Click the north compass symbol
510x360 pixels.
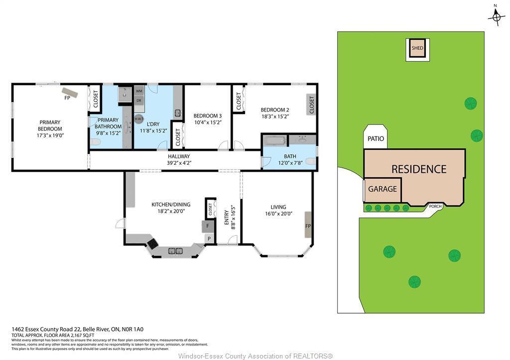pyautogui.click(x=496, y=18)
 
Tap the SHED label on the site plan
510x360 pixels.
pyautogui.click(x=417, y=48)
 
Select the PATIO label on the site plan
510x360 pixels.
pyautogui.click(x=376, y=138)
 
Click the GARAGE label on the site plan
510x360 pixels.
pyautogui.click(x=382, y=189)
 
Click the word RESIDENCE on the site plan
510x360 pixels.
pyautogui.click(x=418, y=169)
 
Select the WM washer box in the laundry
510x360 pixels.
pyautogui.click(x=139, y=91)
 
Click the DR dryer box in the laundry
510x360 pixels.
pyautogui.click(x=139, y=101)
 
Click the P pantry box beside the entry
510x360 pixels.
pyautogui.click(x=209, y=239)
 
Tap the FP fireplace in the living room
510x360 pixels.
pyautogui.click(x=308, y=226)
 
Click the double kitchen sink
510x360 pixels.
pyautogui.click(x=175, y=251)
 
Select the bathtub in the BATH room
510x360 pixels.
pyautogui.click(x=275, y=140)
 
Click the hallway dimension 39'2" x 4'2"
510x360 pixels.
pyautogui.click(x=179, y=162)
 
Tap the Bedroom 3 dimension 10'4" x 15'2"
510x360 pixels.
pyautogui.click(x=207, y=122)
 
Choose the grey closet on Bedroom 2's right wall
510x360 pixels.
pyautogui.click(x=312, y=106)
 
